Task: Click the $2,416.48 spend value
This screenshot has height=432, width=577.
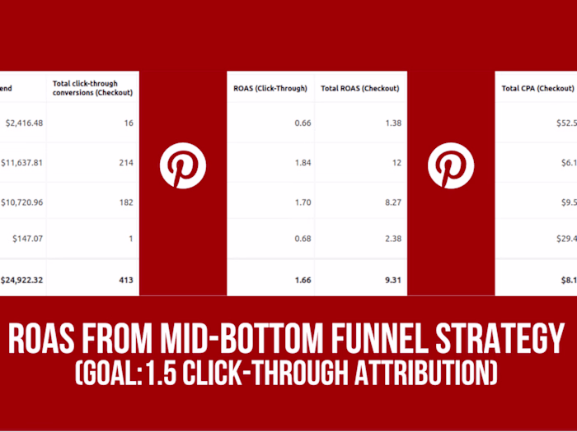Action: pos(23,123)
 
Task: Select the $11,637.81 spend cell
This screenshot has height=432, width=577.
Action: pos(21,162)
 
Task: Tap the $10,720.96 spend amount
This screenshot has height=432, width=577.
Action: pos(21,201)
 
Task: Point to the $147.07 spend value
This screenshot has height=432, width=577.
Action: pos(27,239)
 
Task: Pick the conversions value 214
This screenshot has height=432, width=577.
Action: pos(125,162)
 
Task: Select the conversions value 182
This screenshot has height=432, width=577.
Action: pos(125,201)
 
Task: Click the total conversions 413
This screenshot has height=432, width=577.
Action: pos(125,280)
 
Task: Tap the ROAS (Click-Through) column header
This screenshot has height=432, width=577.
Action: pos(270,88)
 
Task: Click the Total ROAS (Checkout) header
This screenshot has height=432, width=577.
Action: pos(360,88)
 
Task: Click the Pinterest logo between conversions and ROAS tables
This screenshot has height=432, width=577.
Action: pos(182,165)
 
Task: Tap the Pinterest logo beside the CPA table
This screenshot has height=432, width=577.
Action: pos(451,165)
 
